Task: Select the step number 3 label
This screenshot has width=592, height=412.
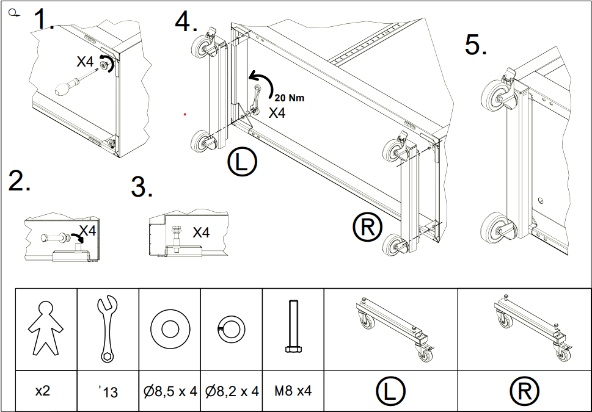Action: coord(142,187)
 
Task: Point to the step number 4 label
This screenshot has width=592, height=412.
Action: coord(186,23)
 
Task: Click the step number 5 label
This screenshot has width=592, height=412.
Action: coord(476,45)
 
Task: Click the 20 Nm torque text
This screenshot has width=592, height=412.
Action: coord(289,98)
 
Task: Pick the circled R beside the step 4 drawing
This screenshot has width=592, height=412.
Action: coord(367,227)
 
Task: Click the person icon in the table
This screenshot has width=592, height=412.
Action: coord(46,328)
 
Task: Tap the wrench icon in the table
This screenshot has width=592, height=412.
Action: coord(108,328)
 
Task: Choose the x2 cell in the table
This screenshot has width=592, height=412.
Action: coord(42,391)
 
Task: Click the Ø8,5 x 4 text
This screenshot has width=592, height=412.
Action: coord(169,391)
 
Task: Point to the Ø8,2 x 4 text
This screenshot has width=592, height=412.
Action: coord(231,391)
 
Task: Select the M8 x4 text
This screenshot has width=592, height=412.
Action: coord(293,391)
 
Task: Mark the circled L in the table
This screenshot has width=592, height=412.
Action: coord(390,391)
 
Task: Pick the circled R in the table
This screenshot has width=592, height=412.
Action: coord(524,391)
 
